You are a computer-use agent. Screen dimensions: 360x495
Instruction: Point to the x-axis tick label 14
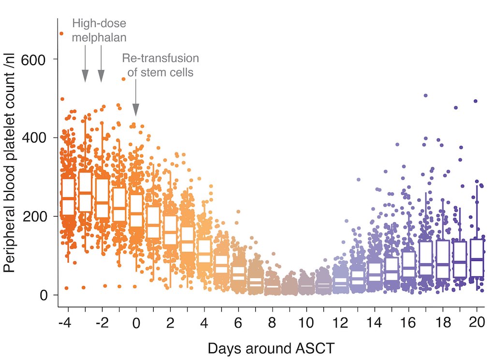click(375, 322)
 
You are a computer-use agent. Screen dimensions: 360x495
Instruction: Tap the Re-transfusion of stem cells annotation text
click(160, 66)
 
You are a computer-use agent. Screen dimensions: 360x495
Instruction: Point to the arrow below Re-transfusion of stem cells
click(136, 99)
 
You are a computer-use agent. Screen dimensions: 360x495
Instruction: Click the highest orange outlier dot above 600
click(61, 33)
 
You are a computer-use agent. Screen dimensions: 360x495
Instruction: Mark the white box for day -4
click(68, 196)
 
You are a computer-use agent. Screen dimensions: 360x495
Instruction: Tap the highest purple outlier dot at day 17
click(425, 96)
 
